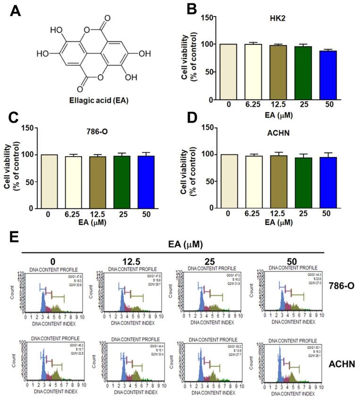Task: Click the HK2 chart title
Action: tap(270, 27)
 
